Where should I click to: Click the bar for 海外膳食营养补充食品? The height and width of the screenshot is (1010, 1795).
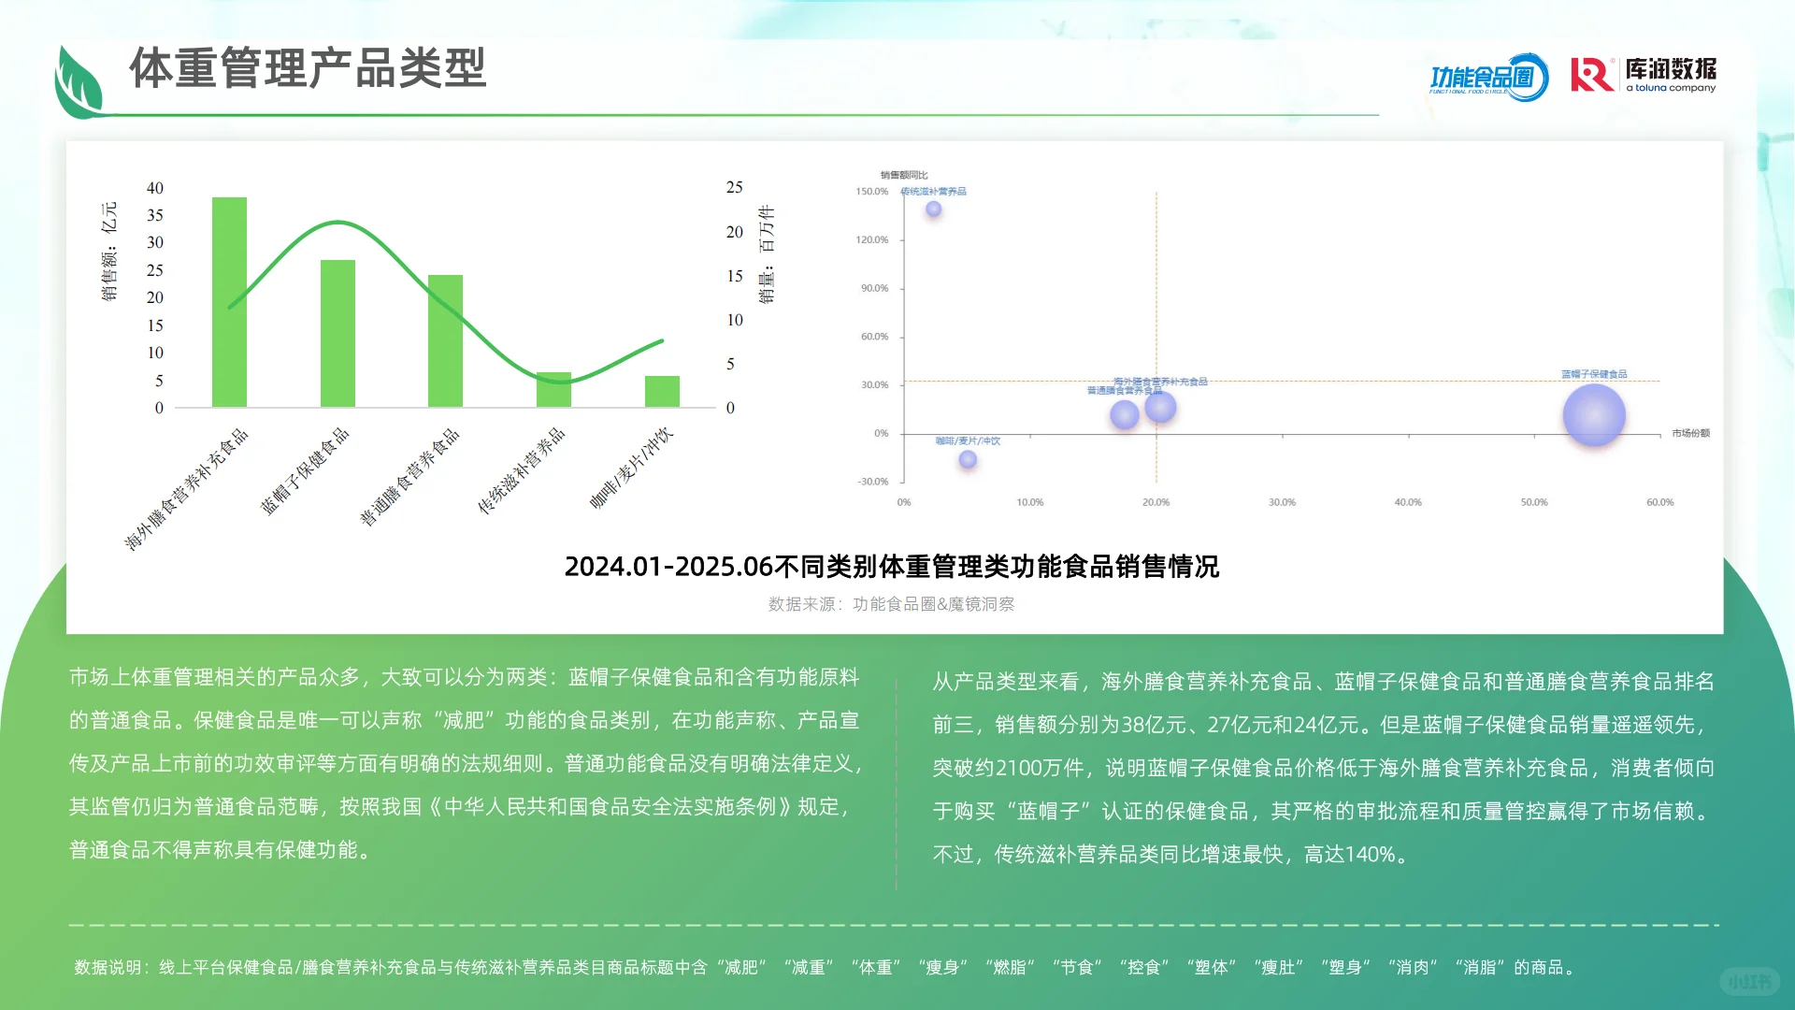[229, 302]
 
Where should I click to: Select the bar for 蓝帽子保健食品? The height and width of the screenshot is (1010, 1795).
[337, 333]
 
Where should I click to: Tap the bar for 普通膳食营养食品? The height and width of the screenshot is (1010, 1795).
[445, 340]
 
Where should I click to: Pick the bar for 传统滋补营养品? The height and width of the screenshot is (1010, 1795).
[553, 390]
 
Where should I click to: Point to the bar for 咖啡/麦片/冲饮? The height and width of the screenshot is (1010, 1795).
[662, 392]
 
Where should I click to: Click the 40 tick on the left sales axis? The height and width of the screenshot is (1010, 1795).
[155, 188]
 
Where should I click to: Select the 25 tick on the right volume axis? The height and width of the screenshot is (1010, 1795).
[734, 188]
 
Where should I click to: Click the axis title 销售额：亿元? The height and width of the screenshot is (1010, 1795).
[109, 252]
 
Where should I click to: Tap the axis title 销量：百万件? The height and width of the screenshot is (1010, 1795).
[767, 254]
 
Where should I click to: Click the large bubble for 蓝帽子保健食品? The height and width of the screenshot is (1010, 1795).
[1594, 416]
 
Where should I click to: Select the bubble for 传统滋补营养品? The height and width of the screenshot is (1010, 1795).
[933, 209]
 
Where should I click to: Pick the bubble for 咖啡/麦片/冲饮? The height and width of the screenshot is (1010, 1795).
[968, 459]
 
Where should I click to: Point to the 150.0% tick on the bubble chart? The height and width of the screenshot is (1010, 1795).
[871, 192]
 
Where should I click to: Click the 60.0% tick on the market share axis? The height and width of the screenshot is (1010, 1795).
[1659, 503]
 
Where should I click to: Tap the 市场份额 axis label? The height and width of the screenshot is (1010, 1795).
[1690, 434]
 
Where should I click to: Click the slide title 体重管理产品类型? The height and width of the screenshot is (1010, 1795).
[308, 68]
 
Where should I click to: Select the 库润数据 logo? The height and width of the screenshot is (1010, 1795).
[1643, 75]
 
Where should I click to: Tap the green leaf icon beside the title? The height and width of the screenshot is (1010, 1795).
[79, 82]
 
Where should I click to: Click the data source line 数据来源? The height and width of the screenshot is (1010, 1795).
[891, 605]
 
